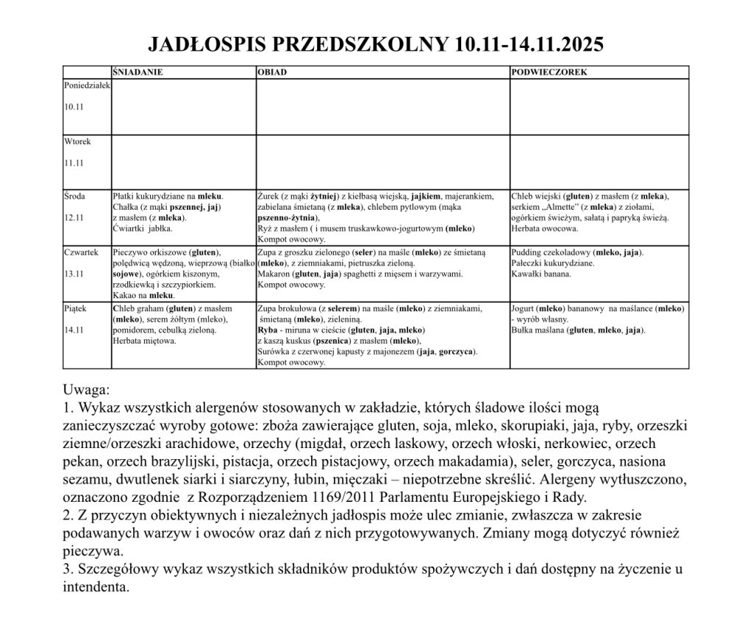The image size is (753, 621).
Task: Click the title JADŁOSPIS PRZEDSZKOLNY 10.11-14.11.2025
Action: [376, 45]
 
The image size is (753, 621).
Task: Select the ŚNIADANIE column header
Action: [138, 73]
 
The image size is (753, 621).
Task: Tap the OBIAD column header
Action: [272, 73]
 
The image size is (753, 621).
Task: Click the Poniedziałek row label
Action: [87, 85]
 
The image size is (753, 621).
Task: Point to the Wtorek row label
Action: [77, 141]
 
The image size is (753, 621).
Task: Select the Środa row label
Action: [76, 196]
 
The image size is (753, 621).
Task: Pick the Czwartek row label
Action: [81, 252]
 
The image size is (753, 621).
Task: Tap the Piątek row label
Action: [76, 308]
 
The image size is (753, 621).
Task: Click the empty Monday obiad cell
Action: [382, 107]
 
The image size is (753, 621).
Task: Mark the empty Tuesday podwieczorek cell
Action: [599, 162]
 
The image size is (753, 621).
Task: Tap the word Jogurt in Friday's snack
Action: [525, 308]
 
